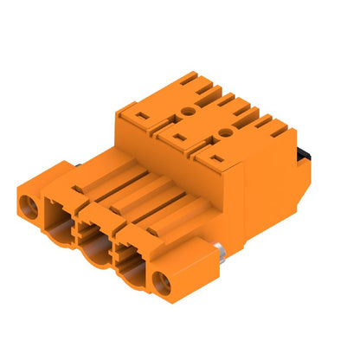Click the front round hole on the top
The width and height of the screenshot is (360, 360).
pos(227,132)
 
